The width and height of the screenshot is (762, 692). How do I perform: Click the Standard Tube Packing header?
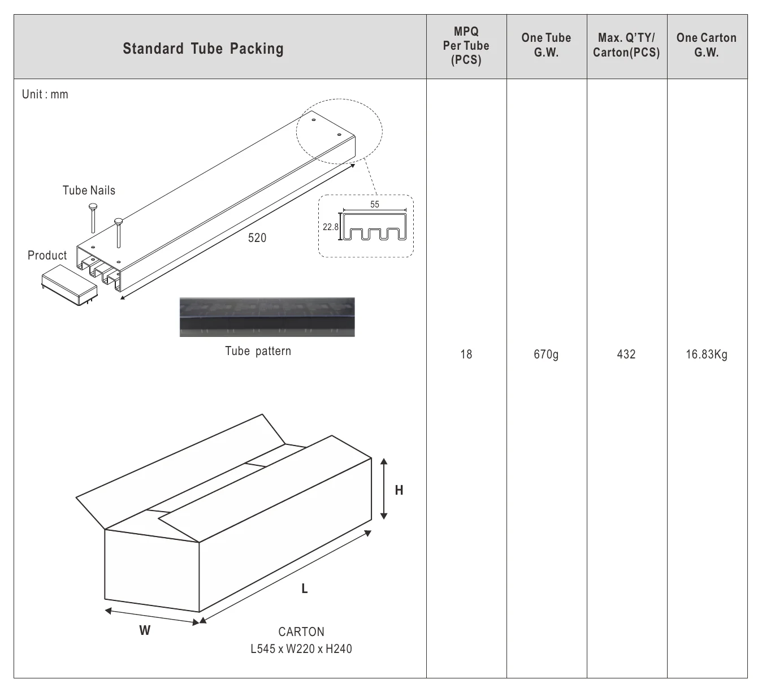(x=204, y=49)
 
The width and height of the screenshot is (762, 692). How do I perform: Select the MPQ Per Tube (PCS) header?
(x=466, y=46)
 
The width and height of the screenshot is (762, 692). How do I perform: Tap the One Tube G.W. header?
(x=546, y=45)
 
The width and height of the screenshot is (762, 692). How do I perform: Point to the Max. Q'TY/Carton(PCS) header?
(x=626, y=45)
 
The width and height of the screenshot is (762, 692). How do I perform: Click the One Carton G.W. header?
(x=707, y=45)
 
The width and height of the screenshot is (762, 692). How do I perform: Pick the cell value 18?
(x=466, y=354)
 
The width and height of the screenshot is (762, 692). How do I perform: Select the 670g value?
(x=546, y=354)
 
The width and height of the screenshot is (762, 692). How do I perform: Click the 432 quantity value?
(x=626, y=354)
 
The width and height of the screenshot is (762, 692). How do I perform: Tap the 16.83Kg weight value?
(x=707, y=354)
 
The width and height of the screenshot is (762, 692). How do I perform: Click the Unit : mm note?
(x=45, y=94)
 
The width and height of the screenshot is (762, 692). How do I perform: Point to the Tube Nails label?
(x=89, y=191)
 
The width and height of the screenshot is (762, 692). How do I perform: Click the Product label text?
(x=47, y=256)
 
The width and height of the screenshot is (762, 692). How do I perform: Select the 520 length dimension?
(x=257, y=238)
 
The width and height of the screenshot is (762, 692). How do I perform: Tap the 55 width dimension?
(x=375, y=205)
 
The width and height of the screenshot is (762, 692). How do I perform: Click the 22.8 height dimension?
(x=331, y=227)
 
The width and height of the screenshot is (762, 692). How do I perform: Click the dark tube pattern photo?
(x=267, y=317)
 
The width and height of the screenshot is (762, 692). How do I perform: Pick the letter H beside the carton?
(x=399, y=490)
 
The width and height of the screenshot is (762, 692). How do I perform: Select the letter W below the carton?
(x=145, y=630)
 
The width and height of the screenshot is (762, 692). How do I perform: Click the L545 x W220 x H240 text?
(x=301, y=648)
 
